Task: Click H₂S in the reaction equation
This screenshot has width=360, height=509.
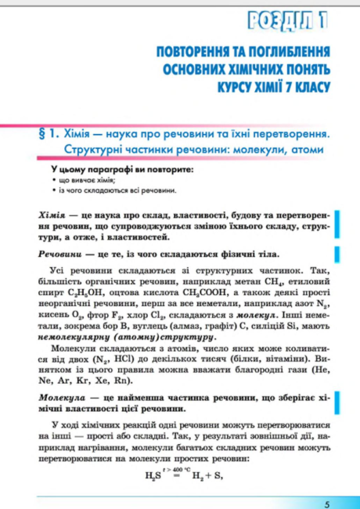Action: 153,475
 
